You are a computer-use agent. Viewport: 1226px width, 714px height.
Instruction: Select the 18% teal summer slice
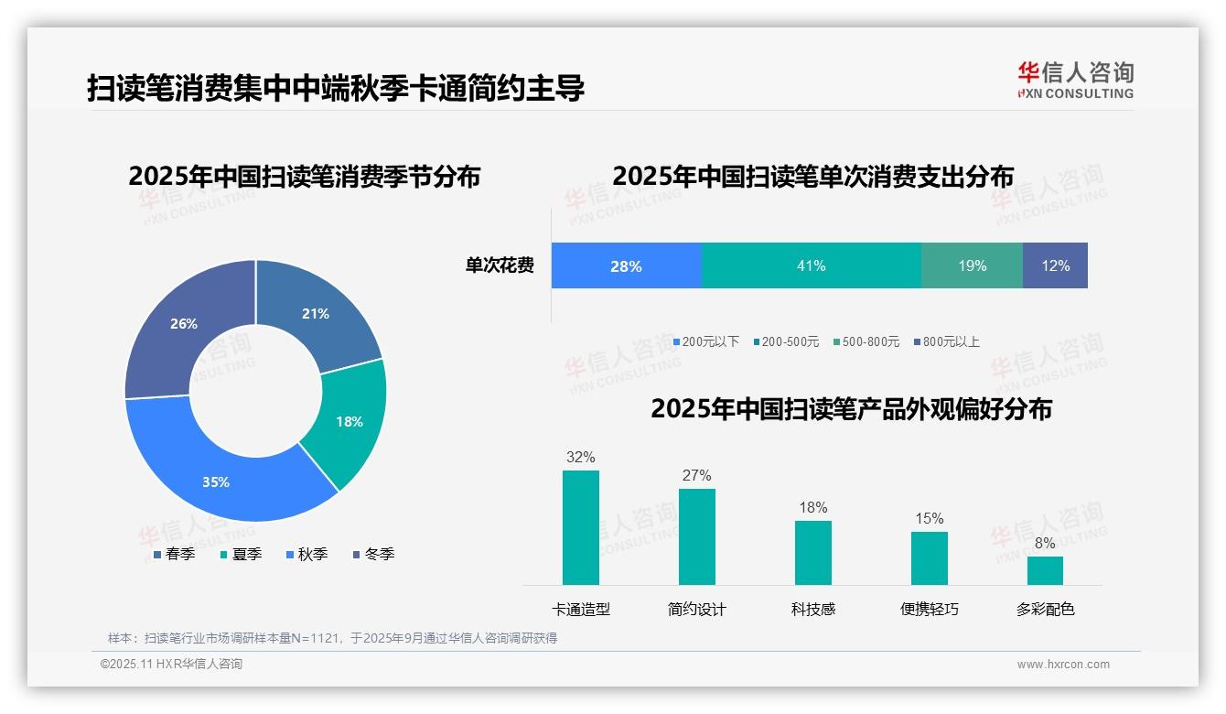(x=348, y=422)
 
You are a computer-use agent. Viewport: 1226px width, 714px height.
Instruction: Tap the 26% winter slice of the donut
(x=184, y=324)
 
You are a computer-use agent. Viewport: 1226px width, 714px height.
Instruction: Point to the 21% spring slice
(x=315, y=314)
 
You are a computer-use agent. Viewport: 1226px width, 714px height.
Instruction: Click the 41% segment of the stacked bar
(x=811, y=266)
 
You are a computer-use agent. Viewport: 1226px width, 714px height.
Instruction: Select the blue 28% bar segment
(x=626, y=266)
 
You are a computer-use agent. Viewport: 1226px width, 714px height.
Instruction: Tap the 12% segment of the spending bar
(x=1055, y=266)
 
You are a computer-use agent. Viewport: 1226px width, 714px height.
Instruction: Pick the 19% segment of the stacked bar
(x=972, y=266)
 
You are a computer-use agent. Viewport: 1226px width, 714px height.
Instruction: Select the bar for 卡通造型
(x=581, y=527)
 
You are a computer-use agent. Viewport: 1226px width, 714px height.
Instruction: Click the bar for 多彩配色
(x=1045, y=570)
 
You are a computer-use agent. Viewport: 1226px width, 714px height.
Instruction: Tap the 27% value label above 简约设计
(x=696, y=476)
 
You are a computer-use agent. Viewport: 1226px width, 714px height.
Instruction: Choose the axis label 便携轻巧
(x=929, y=610)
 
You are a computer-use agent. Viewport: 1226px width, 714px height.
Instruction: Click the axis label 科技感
(x=812, y=610)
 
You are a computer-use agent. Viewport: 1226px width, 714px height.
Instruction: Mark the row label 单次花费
(x=500, y=266)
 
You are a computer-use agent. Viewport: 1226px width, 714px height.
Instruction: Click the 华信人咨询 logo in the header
(x=1075, y=81)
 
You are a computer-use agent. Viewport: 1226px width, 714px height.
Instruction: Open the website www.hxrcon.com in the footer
(x=1062, y=665)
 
